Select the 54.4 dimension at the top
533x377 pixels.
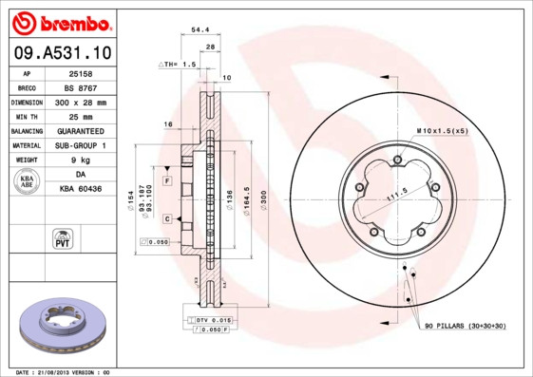click(200, 30)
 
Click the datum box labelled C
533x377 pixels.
click(166, 218)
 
